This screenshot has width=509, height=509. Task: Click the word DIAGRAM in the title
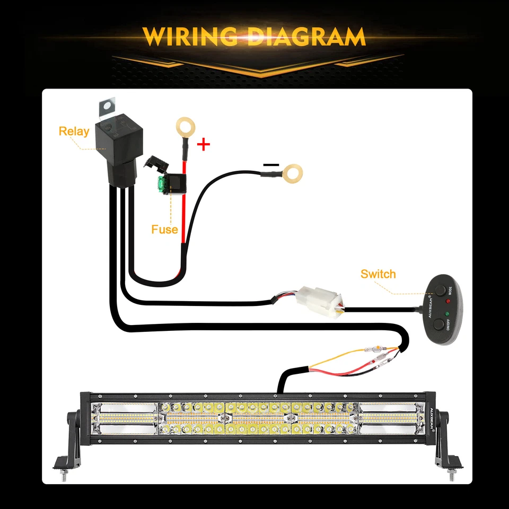click(307, 37)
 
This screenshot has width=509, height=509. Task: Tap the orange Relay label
click(74, 131)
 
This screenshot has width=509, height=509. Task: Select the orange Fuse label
click(164, 230)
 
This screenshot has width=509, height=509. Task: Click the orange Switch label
click(378, 274)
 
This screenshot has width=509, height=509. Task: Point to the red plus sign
click(204, 144)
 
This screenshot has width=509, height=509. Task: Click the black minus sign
click(270, 164)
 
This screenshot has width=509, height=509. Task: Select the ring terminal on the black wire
click(291, 172)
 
